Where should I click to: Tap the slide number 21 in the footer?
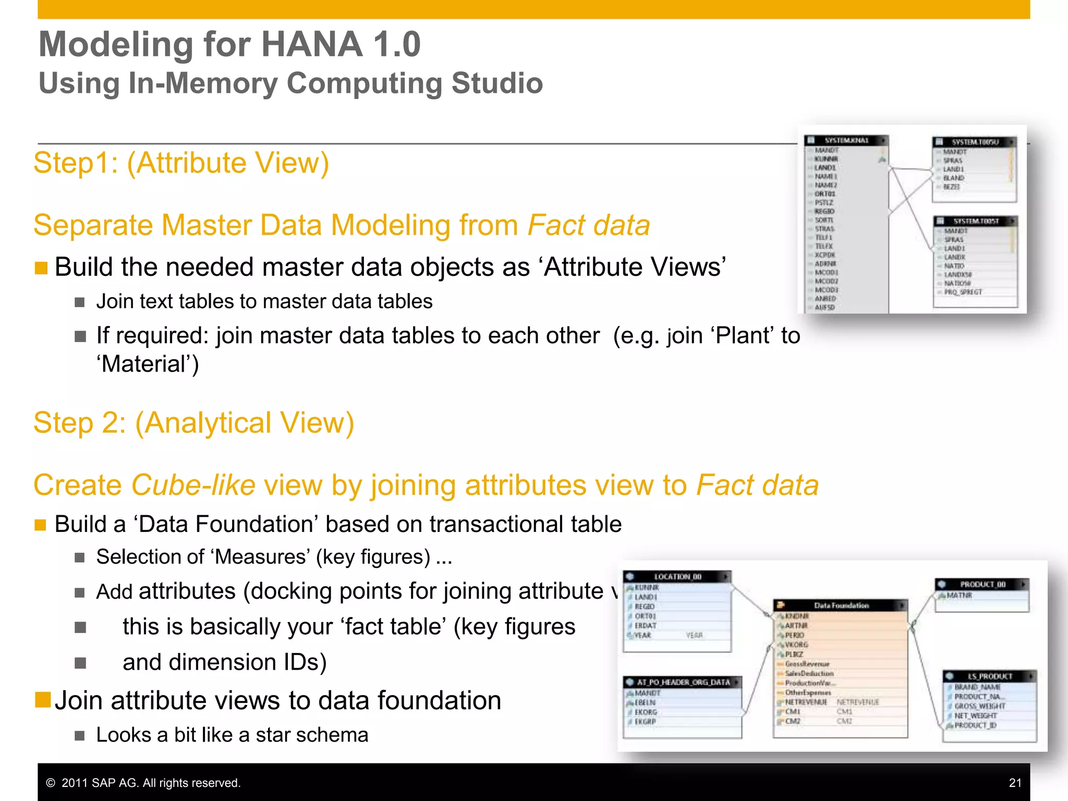1015,783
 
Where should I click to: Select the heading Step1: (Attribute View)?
181,163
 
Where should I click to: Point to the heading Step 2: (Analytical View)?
193,422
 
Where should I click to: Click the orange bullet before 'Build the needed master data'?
41,268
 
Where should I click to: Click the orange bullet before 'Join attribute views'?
42,700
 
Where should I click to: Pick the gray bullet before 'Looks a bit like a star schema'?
80,736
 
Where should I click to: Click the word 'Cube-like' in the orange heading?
193,485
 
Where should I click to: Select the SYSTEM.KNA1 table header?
846,140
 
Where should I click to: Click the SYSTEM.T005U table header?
974,142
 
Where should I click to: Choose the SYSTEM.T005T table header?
975,221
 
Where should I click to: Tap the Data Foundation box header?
841,605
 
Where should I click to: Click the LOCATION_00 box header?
677,577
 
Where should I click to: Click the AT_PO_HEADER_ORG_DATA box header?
683,682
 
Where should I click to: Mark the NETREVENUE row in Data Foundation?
806,702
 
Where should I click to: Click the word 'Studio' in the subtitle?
497,83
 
